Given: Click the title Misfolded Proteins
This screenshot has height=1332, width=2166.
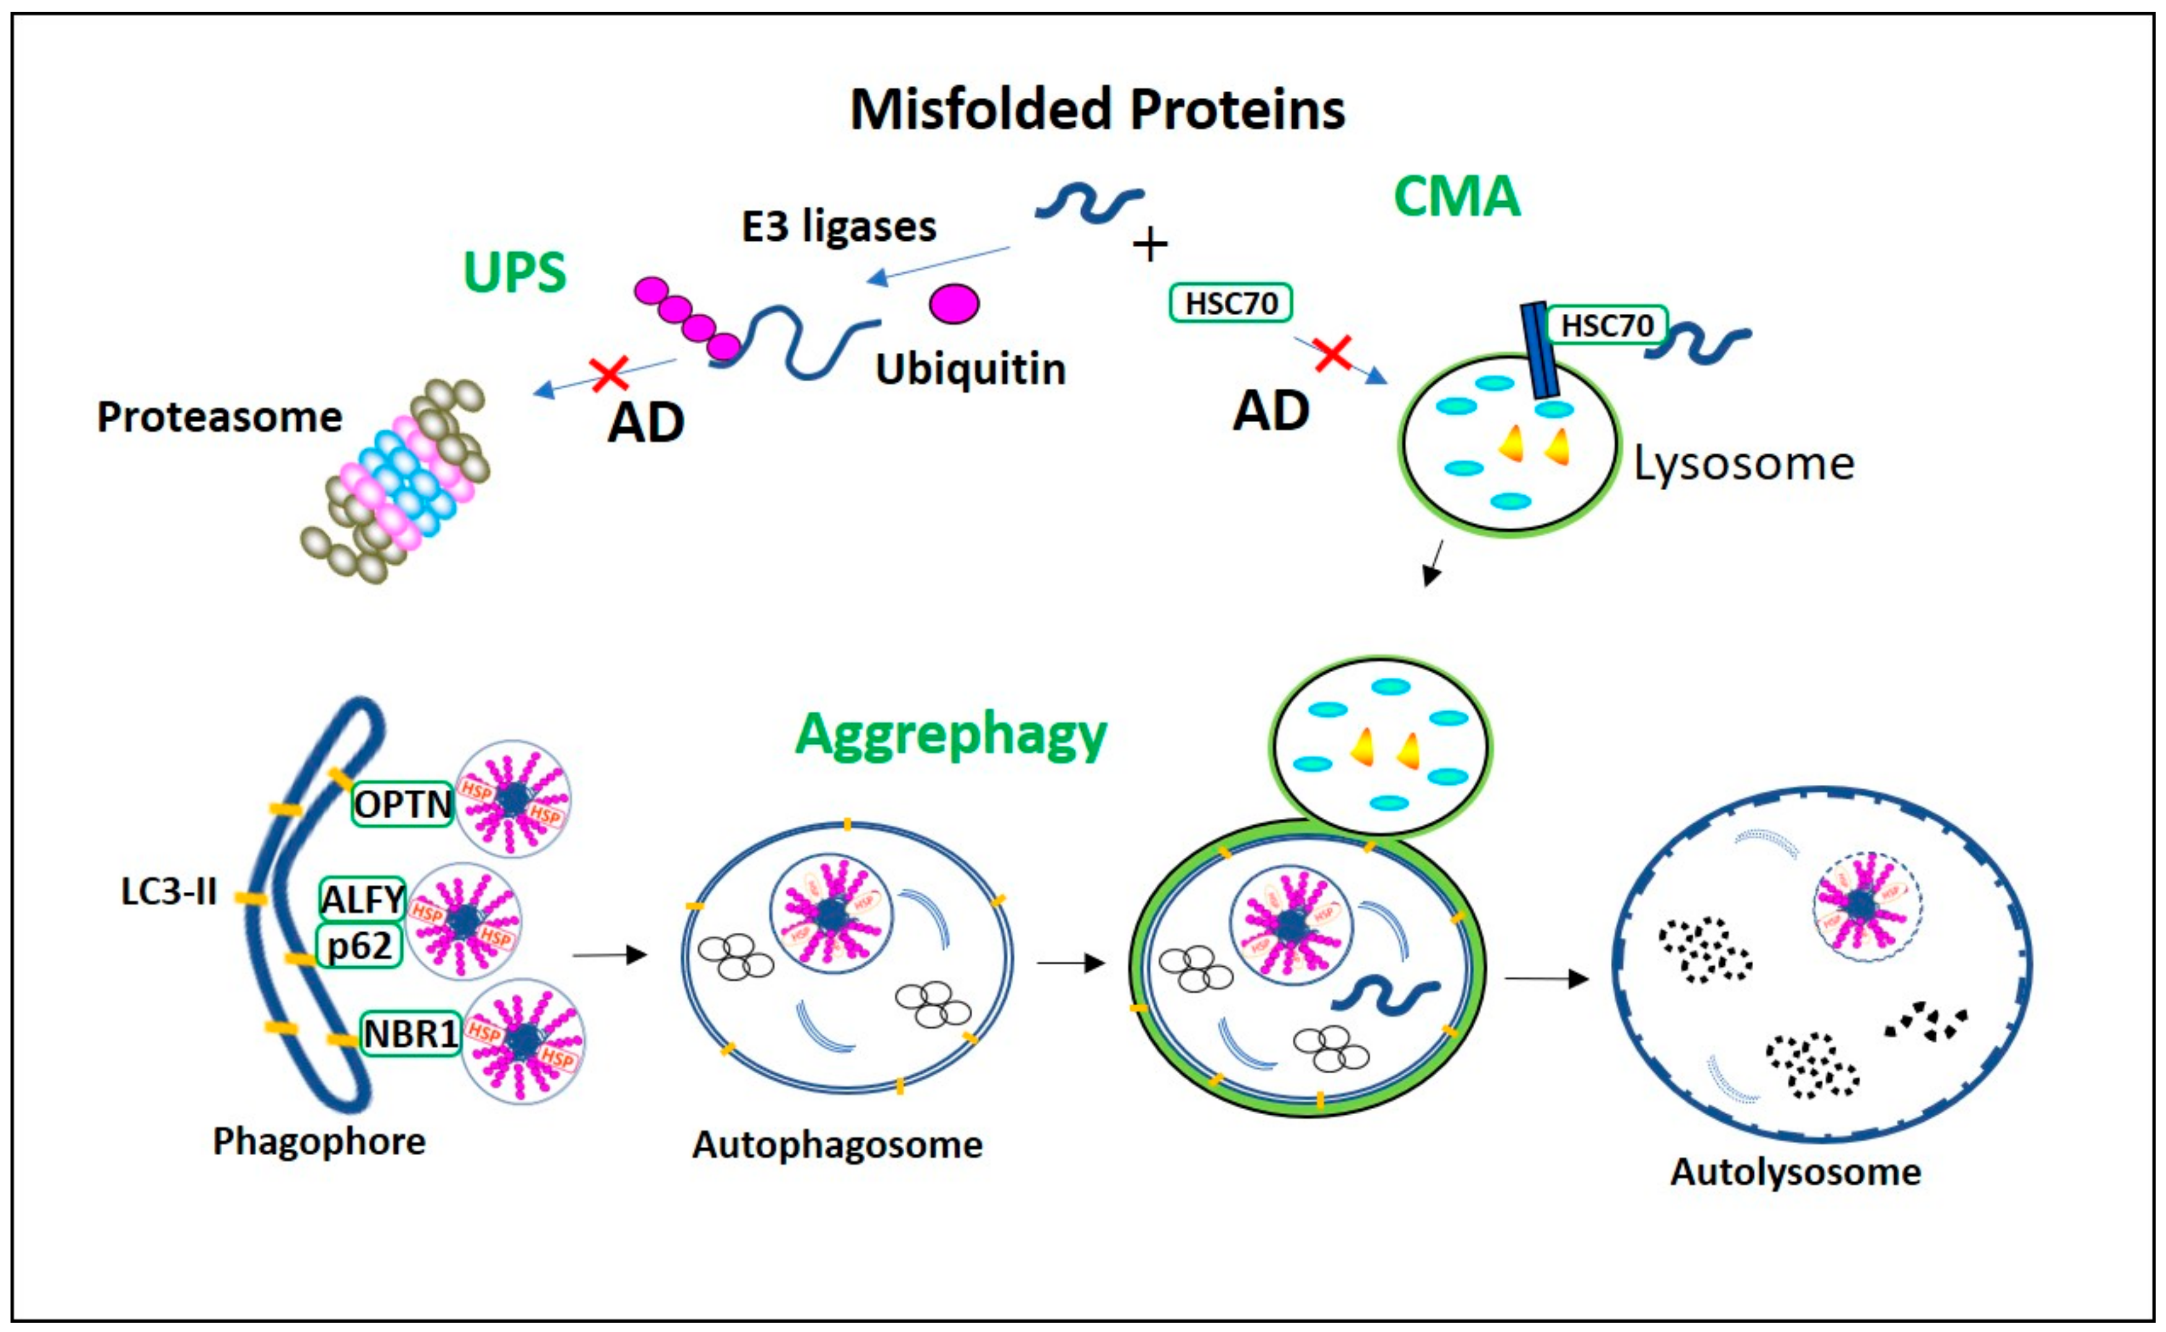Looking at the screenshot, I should [x=1097, y=110].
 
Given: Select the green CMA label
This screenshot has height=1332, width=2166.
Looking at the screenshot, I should [x=1457, y=196].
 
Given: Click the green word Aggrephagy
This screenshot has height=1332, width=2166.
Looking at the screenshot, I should [x=951, y=734].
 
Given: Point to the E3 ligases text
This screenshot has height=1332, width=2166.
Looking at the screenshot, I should [x=839, y=227].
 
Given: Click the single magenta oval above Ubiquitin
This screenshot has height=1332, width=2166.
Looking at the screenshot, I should [x=954, y=303].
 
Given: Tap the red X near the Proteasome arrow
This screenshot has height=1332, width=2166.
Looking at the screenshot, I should [x=609, y=373].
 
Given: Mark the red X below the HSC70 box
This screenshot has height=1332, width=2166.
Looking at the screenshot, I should [x=1333, y=354].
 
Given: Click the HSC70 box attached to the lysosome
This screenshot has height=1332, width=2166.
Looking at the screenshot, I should [x=1607, y=325].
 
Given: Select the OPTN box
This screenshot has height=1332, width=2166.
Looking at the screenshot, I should [x=402, y=803].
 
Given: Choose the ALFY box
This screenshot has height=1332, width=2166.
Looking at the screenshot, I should [x=362, y=899].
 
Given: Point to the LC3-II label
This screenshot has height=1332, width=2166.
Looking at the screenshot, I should [x=168, y=893].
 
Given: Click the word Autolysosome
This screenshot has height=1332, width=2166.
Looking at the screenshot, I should [x=1795, y=1172].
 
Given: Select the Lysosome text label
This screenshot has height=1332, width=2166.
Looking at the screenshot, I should [x=1743, y=464].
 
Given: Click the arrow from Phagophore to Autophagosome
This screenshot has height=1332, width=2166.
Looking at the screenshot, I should [x=610, y=954].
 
